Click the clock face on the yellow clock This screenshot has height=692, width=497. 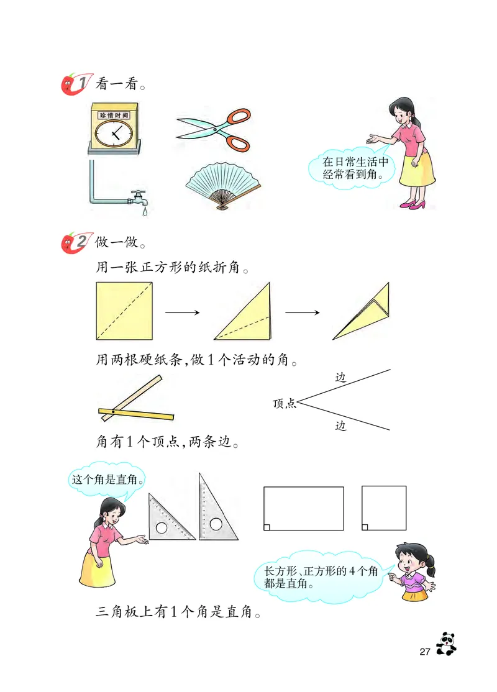(x=113, y=133)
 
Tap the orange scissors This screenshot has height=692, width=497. (x=214, y=130)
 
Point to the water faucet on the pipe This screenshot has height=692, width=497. (x=139, y=198)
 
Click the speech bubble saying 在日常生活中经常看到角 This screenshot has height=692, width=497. (x=354, y=168)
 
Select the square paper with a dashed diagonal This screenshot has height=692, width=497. (x=125, y=311)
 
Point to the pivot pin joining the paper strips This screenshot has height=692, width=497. (x=112, y=412)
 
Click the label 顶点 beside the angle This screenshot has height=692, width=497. (x=284, y=404)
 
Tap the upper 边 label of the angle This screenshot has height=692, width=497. (x=340, y=377)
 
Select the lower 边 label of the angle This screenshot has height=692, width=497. (x=340, y=426)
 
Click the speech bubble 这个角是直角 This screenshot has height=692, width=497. (x=108, y=480)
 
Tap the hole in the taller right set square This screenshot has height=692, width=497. (x=216, y=524)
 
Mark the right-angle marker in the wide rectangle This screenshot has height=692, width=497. (x=267, y=527)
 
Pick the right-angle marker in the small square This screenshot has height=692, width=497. (x=365, y=527)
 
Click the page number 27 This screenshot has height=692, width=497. (x=425, y=652)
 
